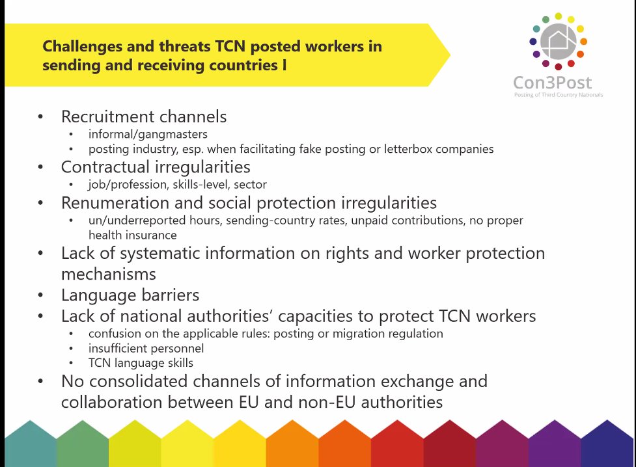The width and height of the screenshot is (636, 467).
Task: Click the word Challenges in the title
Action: point(82,47)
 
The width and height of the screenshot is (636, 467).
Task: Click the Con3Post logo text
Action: point(553,83)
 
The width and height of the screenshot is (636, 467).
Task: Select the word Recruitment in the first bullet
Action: point(102,117)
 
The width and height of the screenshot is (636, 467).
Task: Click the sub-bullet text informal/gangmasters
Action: point(148,134)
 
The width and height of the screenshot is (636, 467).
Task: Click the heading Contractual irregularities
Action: point(156,167)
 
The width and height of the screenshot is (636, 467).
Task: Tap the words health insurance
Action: point(133,235)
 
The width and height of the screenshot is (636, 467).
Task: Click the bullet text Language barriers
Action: point(130,295)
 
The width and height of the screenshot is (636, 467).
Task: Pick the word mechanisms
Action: point(109,274)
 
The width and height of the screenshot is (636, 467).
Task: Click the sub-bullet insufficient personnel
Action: point(146,348)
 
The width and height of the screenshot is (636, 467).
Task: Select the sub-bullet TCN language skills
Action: point(141,363)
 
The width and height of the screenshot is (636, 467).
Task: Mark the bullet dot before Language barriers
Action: point(40,295)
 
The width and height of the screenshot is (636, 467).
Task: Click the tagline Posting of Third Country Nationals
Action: point(559,95)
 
